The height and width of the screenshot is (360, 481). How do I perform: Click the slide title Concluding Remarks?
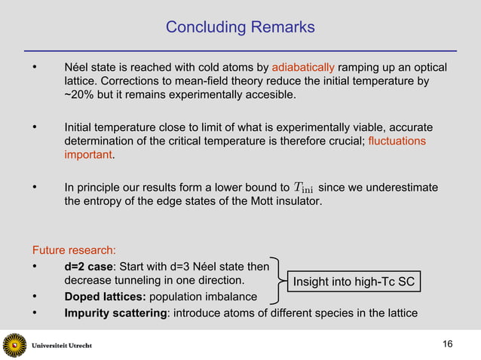240,28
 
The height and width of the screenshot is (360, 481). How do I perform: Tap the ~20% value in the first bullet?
81,95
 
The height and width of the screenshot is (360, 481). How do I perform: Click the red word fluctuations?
397,141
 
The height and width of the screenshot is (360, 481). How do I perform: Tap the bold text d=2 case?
89,267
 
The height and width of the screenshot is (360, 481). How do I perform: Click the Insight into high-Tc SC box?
354,282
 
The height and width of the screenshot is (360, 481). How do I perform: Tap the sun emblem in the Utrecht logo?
14,345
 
